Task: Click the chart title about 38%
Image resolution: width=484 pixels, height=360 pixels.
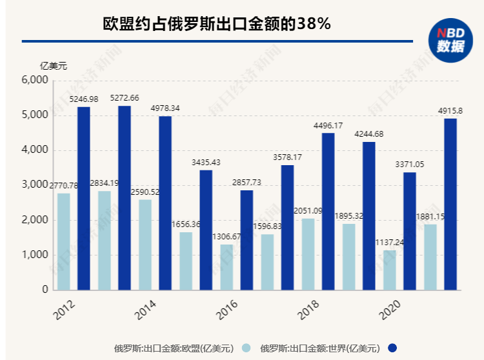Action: (x=217, y=24)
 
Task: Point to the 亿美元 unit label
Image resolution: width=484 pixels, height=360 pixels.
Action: (x=53, y=65)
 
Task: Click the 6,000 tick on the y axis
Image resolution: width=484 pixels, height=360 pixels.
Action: (x=35, y=81)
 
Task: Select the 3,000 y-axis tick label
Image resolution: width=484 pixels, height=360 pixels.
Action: (x=35, y=185)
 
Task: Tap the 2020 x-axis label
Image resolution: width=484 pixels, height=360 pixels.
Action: (x=390, y=308)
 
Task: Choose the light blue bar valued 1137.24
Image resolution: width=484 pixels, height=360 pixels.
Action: (x=390, y=270)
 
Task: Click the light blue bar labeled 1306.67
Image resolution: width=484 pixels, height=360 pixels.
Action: (x=227, y=267)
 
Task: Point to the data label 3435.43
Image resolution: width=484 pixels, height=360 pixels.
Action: (x=206, y=162)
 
